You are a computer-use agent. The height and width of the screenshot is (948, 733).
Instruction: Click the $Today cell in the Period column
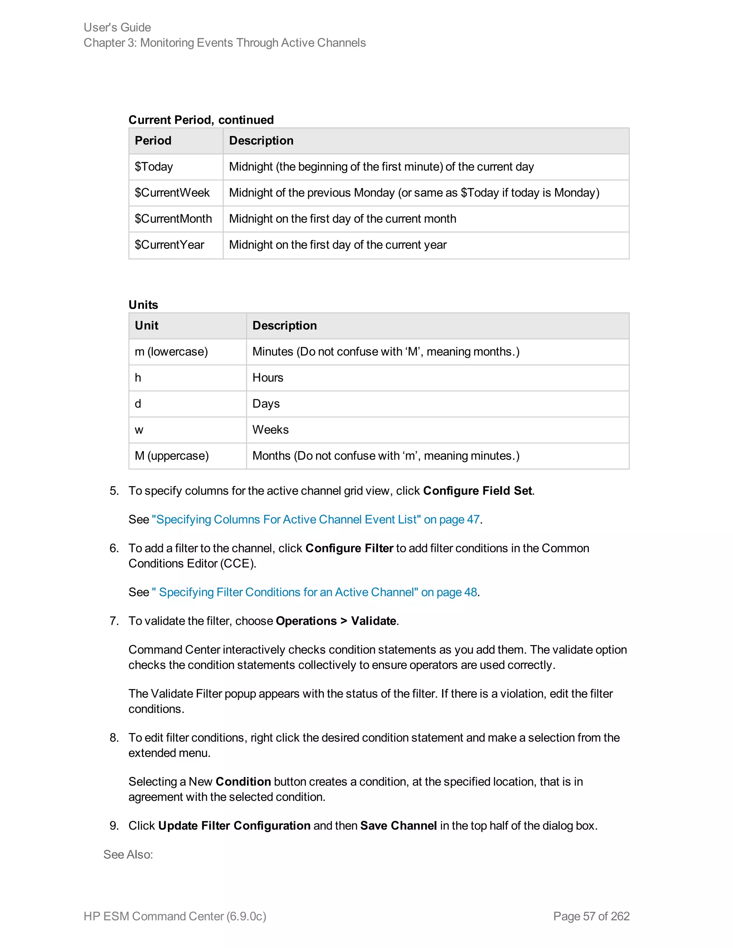[154, 167]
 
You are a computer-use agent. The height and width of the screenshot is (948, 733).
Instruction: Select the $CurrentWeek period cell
[172, 193]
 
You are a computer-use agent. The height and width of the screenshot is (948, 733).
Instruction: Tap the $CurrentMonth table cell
[173, 219]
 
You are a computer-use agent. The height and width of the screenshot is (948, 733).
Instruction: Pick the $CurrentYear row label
[169, 245]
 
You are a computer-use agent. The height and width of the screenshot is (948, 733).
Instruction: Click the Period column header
[153, 141]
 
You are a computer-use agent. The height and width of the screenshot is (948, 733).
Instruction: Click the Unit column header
[146, 326]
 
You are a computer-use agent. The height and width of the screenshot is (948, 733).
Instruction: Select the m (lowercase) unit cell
[171, 352]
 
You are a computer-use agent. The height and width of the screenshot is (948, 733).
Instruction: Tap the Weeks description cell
[271, 430]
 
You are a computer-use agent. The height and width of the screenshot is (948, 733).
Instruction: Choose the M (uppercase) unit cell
[171, 456]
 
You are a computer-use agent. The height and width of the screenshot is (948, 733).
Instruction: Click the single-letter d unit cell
[138, 404]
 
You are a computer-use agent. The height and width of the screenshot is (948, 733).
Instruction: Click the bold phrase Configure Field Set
[477, 491]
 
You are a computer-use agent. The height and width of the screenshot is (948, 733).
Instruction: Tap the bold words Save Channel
[398, 826]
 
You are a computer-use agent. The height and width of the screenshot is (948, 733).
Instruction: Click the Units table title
[143, 305]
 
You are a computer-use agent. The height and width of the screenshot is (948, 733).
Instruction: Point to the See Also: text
[128, 854]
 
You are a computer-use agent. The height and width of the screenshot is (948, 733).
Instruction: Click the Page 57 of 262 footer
[591, 916]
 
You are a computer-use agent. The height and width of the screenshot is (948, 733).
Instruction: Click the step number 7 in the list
[114, 621]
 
